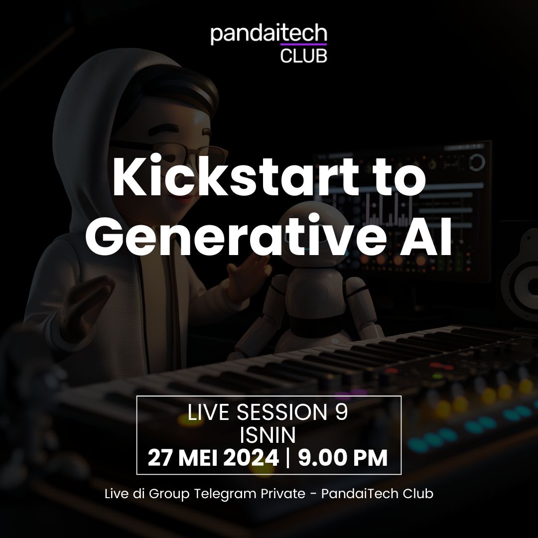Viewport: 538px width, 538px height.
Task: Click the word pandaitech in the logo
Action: (x=269, y=35)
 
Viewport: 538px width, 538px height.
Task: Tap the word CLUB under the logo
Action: (x=303, y=54)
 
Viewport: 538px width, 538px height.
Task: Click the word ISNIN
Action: (x=268, y=435)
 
